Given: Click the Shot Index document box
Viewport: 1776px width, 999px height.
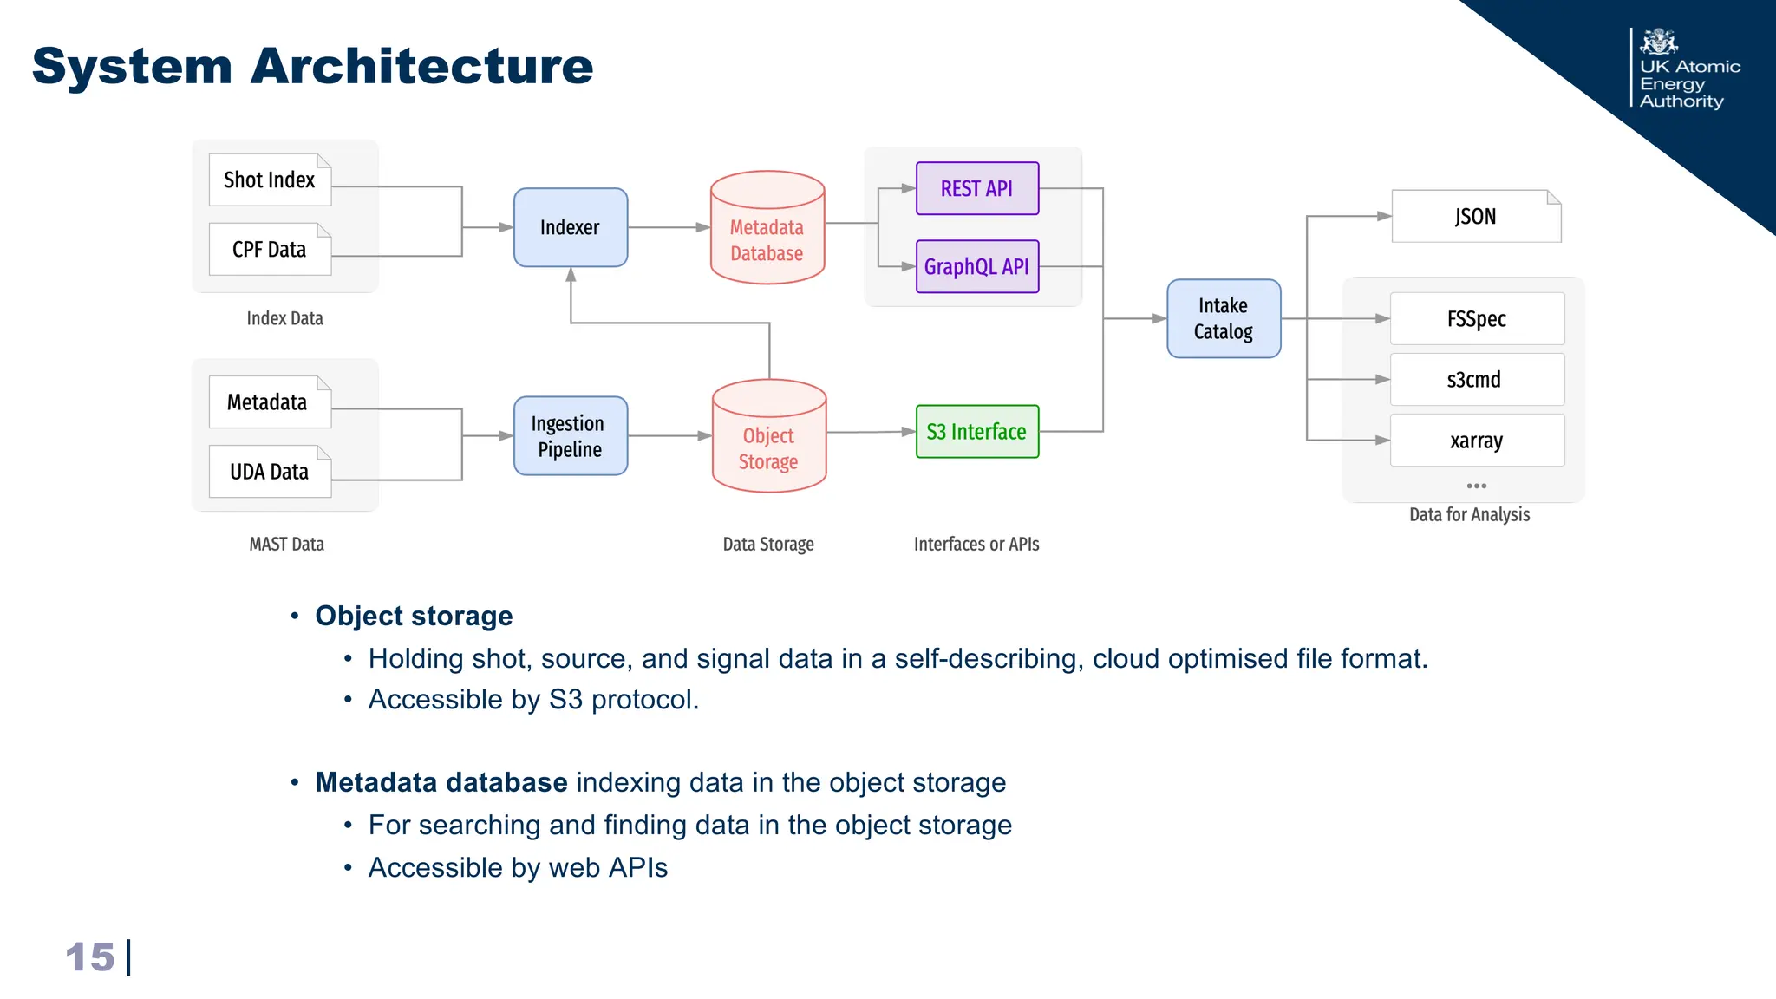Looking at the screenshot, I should [x=270, y=180].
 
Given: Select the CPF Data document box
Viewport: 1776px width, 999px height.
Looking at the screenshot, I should [x=270, y=250].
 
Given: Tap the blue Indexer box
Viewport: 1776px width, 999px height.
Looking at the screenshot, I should [x=571, y=227].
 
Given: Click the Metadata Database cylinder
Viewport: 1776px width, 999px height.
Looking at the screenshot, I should [x=767, y=234].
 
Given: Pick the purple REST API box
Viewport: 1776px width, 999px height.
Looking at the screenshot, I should [x=977, y=188].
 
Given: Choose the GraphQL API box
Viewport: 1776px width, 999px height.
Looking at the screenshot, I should [x=977, y=266].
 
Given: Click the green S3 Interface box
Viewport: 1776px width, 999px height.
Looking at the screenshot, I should [x=977, y=431].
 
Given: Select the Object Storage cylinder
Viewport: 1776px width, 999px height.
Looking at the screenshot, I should [x=769, y=442].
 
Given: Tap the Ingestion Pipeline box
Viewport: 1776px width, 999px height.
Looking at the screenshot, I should [x=571, y=436].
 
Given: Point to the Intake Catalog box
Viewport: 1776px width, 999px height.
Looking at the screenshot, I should [x=1224, y=318].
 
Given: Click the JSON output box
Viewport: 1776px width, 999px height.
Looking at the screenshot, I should [x=1476, y=217].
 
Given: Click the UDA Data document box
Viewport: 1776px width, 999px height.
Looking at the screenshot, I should [x=270, y=472].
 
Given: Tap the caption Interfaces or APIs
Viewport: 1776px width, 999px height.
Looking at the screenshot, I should [x=976, y=545].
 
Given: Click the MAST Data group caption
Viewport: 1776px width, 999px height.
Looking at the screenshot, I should [x=286, y=545].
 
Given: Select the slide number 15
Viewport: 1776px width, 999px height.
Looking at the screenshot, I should [x=90, y=957].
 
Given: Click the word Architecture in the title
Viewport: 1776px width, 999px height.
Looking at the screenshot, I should [x=421, y=66].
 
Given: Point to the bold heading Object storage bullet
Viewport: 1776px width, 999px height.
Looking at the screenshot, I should [x=414, y=616].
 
